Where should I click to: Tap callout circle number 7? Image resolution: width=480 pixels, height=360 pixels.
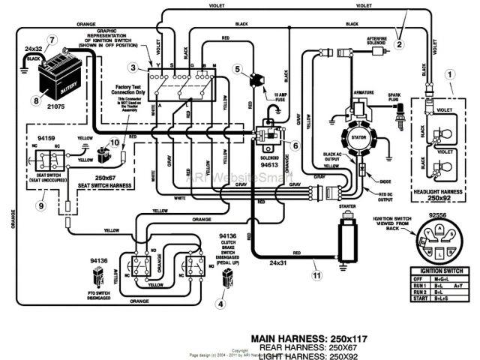coord(52,39)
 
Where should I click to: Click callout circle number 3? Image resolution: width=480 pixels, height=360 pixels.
coord(133,68)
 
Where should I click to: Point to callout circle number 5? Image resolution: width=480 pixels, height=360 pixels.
coord(237,70)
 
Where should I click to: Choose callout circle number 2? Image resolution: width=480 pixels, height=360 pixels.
coord(399,44)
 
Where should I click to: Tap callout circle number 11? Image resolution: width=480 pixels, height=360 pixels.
coord(317,276)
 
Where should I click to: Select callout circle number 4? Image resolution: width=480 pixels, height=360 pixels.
coord(220,304)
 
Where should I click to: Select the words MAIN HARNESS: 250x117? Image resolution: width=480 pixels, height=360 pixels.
coord(309,338)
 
